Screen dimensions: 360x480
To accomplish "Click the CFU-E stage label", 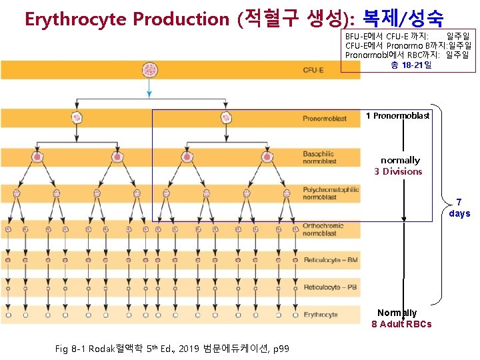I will (313, 70).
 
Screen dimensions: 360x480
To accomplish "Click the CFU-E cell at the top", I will (149, 70).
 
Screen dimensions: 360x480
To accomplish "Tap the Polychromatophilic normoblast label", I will (330, 193).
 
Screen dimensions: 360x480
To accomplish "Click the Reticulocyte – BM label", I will (331, 260).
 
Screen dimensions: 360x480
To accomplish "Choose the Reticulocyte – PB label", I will (331, 287).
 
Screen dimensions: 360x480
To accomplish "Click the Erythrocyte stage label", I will (320, 315).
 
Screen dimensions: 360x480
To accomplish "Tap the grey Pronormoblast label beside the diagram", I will (325, 119).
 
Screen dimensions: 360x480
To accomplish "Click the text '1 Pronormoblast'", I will (397, 116).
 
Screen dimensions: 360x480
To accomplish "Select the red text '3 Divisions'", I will (398, 171).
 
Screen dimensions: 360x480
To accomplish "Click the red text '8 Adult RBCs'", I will (401, 324).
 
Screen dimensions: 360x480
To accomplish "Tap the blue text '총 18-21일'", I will (411, 65).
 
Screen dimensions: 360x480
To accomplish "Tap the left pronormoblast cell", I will (77, 119).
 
